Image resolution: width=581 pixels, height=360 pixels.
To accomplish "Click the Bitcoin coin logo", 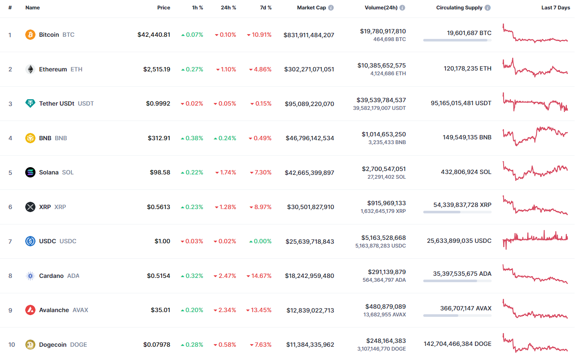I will coord(30,35).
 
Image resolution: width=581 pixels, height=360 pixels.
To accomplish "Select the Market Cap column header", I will coord(311,8).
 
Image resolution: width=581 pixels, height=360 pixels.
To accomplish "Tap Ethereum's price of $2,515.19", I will coord(156,69).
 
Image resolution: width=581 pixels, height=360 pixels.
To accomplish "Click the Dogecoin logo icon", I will coord(30,345).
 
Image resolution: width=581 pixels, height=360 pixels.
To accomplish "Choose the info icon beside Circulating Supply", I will coord(488,8).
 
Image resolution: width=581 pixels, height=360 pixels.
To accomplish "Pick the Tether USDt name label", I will coord(56,103).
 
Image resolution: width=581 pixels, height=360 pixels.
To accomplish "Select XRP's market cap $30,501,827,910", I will coord(310,207).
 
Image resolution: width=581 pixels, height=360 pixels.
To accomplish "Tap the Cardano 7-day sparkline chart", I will coord(535,274).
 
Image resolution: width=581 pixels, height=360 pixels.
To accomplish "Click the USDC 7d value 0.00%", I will coord(260,241).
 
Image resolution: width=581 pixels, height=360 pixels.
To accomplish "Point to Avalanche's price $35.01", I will coord(160,310).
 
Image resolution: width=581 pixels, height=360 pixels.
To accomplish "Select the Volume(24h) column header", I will coord(381,8).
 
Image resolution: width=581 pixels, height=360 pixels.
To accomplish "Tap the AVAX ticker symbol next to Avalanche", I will coord(80,310).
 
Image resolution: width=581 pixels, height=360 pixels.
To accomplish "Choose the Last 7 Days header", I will coord(555,8).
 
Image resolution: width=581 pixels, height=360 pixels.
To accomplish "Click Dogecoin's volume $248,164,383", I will coord(386,341).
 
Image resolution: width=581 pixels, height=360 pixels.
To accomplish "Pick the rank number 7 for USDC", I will coord(10,242).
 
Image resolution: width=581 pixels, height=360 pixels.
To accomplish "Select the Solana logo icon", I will coord(30,172).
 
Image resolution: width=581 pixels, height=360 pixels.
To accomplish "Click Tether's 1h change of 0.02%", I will coord(192,103).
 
